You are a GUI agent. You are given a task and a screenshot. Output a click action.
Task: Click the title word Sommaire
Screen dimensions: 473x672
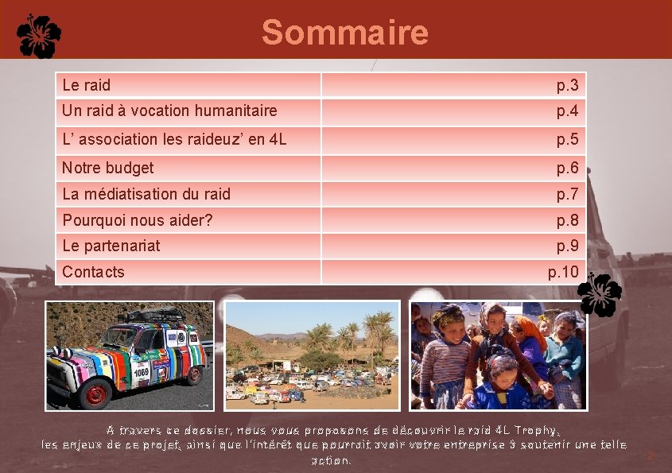[x=344, y=33]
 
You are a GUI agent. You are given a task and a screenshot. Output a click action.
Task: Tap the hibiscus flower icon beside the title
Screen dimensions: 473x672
[x=39, y=36]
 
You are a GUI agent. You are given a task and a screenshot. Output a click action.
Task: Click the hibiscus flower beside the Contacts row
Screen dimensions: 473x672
[x=600, y=294]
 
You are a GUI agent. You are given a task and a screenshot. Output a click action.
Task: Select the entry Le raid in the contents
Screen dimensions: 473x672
[x=87, y=85]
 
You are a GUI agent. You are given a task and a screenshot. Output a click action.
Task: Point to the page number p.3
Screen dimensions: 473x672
[x=567, y=85]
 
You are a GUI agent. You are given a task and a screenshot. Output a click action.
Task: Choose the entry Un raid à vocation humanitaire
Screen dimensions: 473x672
[x=169, y=110]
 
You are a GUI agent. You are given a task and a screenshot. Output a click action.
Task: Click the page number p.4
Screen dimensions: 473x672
[x=567, y=110]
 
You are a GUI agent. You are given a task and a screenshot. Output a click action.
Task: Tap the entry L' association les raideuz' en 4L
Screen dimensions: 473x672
[x=174, y=140]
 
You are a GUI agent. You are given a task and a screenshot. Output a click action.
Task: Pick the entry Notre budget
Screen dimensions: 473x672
[x=108, y=168]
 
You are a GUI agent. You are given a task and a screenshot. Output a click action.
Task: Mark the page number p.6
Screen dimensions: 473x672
[x=567, y=168]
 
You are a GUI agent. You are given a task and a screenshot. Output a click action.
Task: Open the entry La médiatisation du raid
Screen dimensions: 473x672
[x=146, y=194]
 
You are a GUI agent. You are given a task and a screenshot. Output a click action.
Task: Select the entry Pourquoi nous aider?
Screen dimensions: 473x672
[x=138, y=220]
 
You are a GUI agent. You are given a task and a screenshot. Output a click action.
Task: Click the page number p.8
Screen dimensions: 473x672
[x=567, y=220]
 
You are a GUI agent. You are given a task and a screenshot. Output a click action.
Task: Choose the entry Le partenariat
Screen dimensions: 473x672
[x=111, y=246]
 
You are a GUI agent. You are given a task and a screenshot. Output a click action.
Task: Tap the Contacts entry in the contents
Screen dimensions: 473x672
[x=94, y=272]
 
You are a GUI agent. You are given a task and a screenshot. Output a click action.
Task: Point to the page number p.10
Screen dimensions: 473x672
[x=564, y=272]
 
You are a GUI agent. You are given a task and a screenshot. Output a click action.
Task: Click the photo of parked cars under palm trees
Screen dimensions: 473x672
[x=312, y=355]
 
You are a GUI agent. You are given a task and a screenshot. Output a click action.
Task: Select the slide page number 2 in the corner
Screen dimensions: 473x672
[x=650, y=456]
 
